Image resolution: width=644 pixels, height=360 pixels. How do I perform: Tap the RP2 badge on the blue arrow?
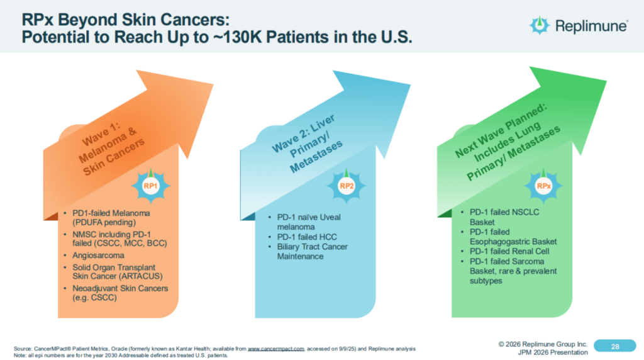346,186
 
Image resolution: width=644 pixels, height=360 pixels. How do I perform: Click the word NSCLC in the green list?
530,213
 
